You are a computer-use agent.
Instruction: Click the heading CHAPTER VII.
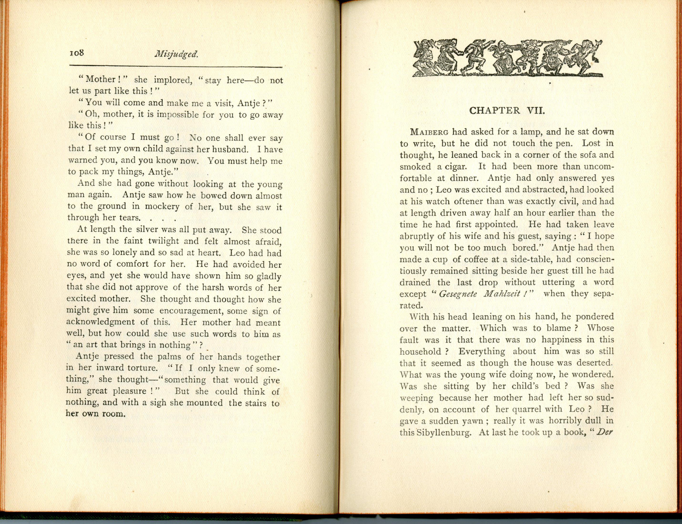point(507,111)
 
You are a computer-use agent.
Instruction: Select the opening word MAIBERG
point(429,132)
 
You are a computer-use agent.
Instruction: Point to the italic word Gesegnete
point(458,294)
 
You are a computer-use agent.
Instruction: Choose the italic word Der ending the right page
point(605,432)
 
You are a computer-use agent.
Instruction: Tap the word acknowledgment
point(100,322)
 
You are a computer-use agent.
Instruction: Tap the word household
point(420,351)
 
